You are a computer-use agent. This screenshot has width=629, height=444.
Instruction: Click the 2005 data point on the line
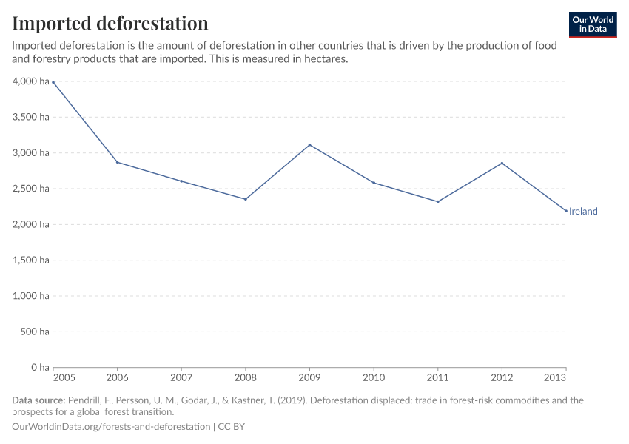click(53, 82)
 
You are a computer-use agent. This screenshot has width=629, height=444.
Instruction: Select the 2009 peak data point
click(309, 145)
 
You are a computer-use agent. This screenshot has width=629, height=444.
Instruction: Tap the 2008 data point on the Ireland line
click(246, 199)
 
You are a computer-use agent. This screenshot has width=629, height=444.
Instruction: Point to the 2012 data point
click(502, 164)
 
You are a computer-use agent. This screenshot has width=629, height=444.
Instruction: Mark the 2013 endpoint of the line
click(566, 211)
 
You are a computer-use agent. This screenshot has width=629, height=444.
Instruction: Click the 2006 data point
click(117, 162)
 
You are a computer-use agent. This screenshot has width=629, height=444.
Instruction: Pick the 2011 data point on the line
click(438, 201)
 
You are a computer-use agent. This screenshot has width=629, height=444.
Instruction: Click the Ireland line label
click(583, 212)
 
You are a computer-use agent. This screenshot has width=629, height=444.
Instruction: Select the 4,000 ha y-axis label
click(30, 81)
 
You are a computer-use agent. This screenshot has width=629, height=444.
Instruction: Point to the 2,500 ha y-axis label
click(30, 189)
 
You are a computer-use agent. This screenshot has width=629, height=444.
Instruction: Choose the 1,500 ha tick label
click(30, 260)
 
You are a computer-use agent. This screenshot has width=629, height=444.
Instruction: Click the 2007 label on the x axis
click(181, 378)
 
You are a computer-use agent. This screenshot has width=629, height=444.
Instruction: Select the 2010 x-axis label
click(374, 378)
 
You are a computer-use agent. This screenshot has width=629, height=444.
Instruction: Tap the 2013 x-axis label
click(555, 378)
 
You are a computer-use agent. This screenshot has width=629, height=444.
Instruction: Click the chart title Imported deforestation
click(110, 23)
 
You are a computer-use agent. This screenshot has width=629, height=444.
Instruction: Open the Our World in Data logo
click(592, 24)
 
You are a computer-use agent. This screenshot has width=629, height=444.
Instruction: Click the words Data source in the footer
click(38, 400)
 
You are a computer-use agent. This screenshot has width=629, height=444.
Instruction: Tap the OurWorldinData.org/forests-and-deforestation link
click(111, 427)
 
